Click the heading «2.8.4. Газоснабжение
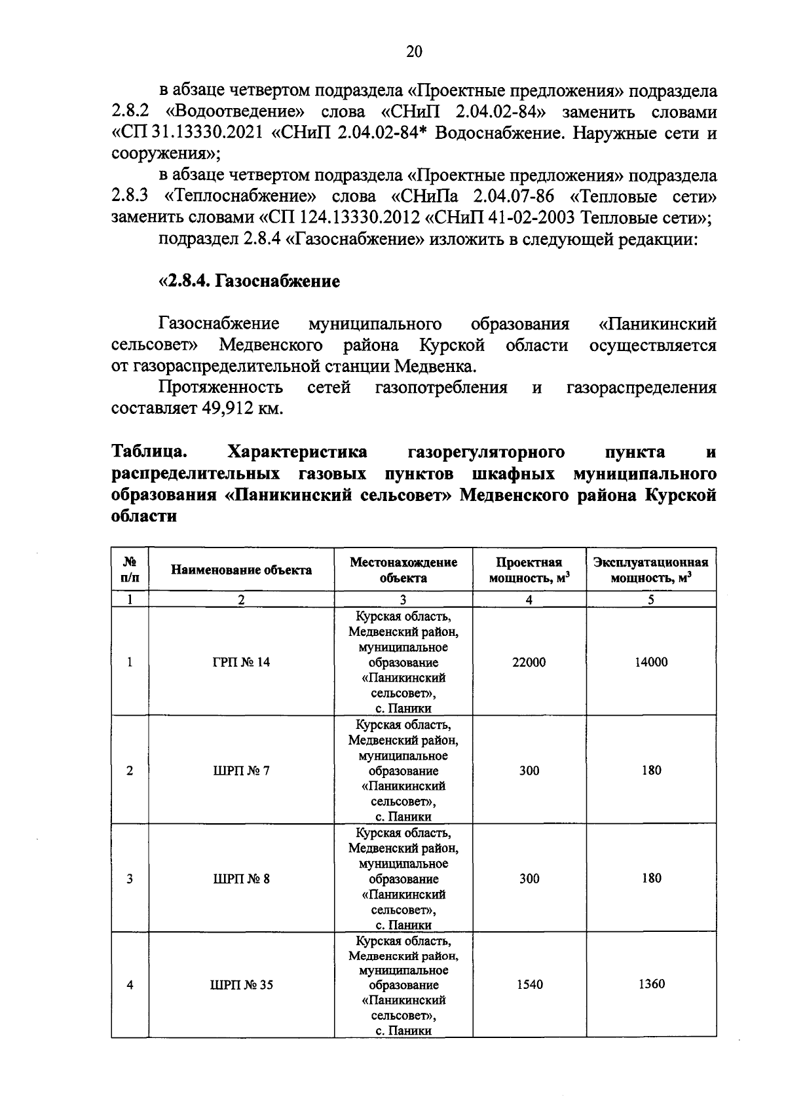tap(250, 282)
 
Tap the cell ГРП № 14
tap(241, 661)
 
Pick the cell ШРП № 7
tap(241, 770)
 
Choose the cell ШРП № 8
tap(241, 878)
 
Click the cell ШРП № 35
tap(241, 984)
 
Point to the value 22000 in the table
tap(529, 661)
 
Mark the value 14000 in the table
tap(651, 661)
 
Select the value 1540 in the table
tap(529, 984)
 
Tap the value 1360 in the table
tap(651, 984)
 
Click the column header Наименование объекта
tap(241, 570)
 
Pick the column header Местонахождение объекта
tap(403, 570)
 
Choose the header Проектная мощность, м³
tap(529, 570)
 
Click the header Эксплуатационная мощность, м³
tap(651, 570)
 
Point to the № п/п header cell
tap(130, 570)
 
